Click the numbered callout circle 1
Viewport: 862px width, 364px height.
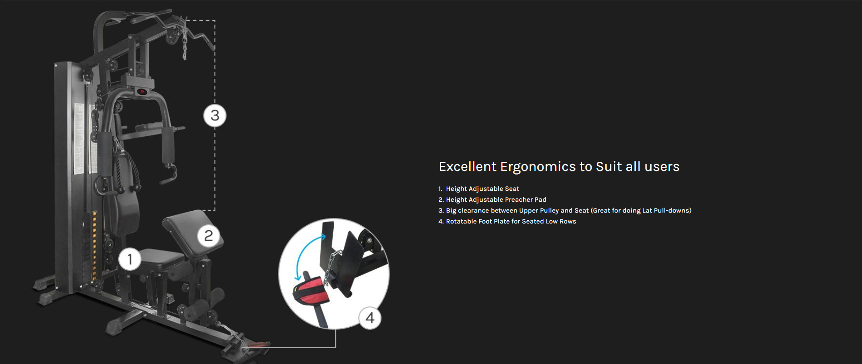pyautogui.click(x=130, y=259)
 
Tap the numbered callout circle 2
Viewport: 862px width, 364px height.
pyautogui.click(x=209, y=236)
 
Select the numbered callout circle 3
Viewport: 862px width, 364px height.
pyautogui.click(x=215, y=116)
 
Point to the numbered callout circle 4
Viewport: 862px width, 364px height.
pyautogui.click(x=370, y=318)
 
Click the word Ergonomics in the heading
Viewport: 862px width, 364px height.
pyautogui.click(x=538, y=167)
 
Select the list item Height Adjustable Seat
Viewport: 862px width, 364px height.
pyautogui.click(x=482, y=189)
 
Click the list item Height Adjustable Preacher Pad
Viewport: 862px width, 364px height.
pyautogui.click(x=496, y=199)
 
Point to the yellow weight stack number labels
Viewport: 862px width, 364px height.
pyautogui.click(x=94, y=245)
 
